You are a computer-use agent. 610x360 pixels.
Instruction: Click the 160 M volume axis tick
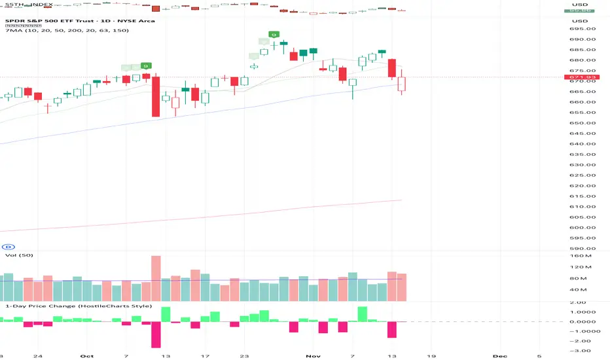tap(576, 256)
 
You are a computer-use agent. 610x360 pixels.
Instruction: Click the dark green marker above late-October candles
tap(274, 34)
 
